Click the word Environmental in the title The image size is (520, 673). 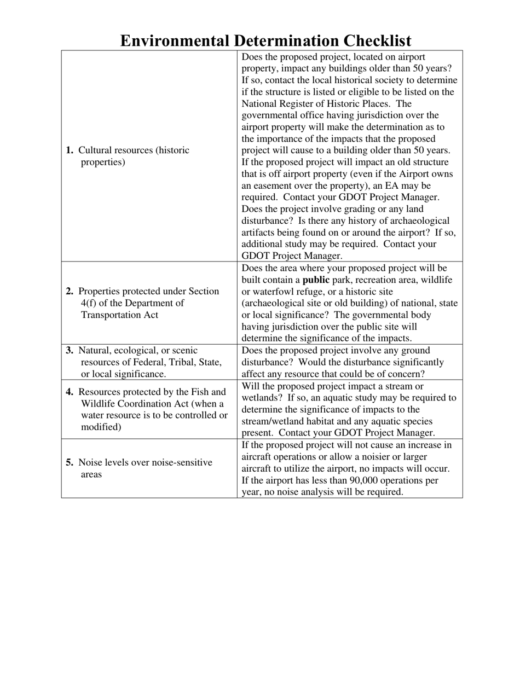pyautogui.click(x=175, y=41)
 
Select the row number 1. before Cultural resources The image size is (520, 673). pyautogui.click(x=70, y=150)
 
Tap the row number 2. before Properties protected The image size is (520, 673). pyautogui.click(x=70, y=292)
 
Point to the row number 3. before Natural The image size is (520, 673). pyautogui.click(x=70, y=350)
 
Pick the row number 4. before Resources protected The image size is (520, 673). pyautogui.click(x=70, y=392)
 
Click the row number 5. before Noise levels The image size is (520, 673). pyautogui.click(x=70, y=462)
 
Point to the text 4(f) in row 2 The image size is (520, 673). pyautogui.click(x=91, y=303)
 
